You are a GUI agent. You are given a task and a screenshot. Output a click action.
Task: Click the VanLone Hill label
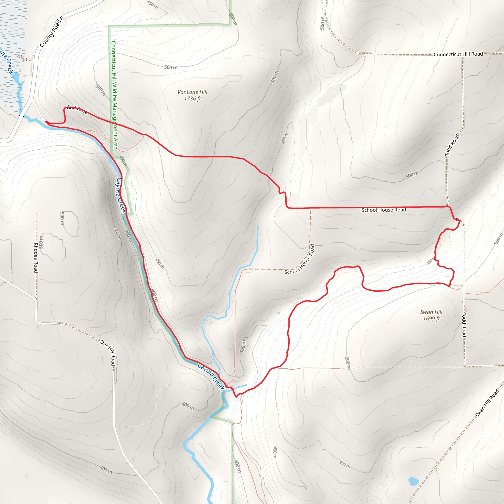coord(192,92)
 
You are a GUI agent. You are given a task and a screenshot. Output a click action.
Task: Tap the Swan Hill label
coord(431,312)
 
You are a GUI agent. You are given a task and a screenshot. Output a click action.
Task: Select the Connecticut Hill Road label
coord(458,54)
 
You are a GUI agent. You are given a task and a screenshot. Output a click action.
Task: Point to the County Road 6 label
coord(52,32)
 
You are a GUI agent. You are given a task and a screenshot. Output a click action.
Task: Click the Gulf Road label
coord(77,109)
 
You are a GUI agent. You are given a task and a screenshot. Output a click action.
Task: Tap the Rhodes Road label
coord(36,258)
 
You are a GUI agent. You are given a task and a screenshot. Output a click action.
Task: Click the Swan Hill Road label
coord(487,403)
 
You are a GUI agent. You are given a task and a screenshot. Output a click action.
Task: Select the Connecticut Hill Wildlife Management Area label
coord(114,95)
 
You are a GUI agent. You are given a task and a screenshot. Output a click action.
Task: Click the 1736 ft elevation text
coord(192,99)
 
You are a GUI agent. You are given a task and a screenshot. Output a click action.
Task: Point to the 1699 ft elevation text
coord(431,318)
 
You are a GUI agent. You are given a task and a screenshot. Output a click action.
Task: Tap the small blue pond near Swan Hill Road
coord(413,481)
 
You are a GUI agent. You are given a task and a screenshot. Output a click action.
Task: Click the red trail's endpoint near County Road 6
coord(47,122)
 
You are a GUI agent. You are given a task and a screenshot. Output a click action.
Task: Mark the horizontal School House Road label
coord(383,210)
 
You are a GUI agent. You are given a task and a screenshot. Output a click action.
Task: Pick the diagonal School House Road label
coord(300,260)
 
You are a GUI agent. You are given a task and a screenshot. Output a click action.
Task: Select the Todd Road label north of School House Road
coord(452,145)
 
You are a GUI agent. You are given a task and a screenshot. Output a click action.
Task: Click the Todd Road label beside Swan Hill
coord(464,325)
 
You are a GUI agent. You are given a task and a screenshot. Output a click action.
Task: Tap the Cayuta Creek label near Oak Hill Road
coord(211,377)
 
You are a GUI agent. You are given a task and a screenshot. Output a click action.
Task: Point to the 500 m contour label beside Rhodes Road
coord(41,242)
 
